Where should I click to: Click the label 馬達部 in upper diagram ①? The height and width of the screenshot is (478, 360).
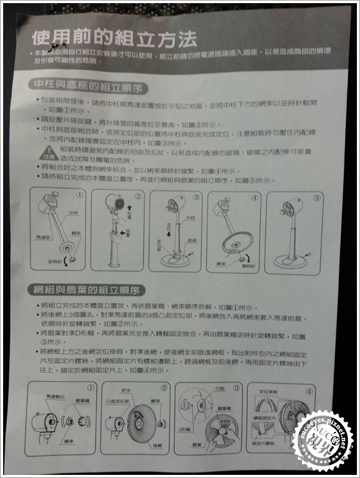click(x=42, y=238)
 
